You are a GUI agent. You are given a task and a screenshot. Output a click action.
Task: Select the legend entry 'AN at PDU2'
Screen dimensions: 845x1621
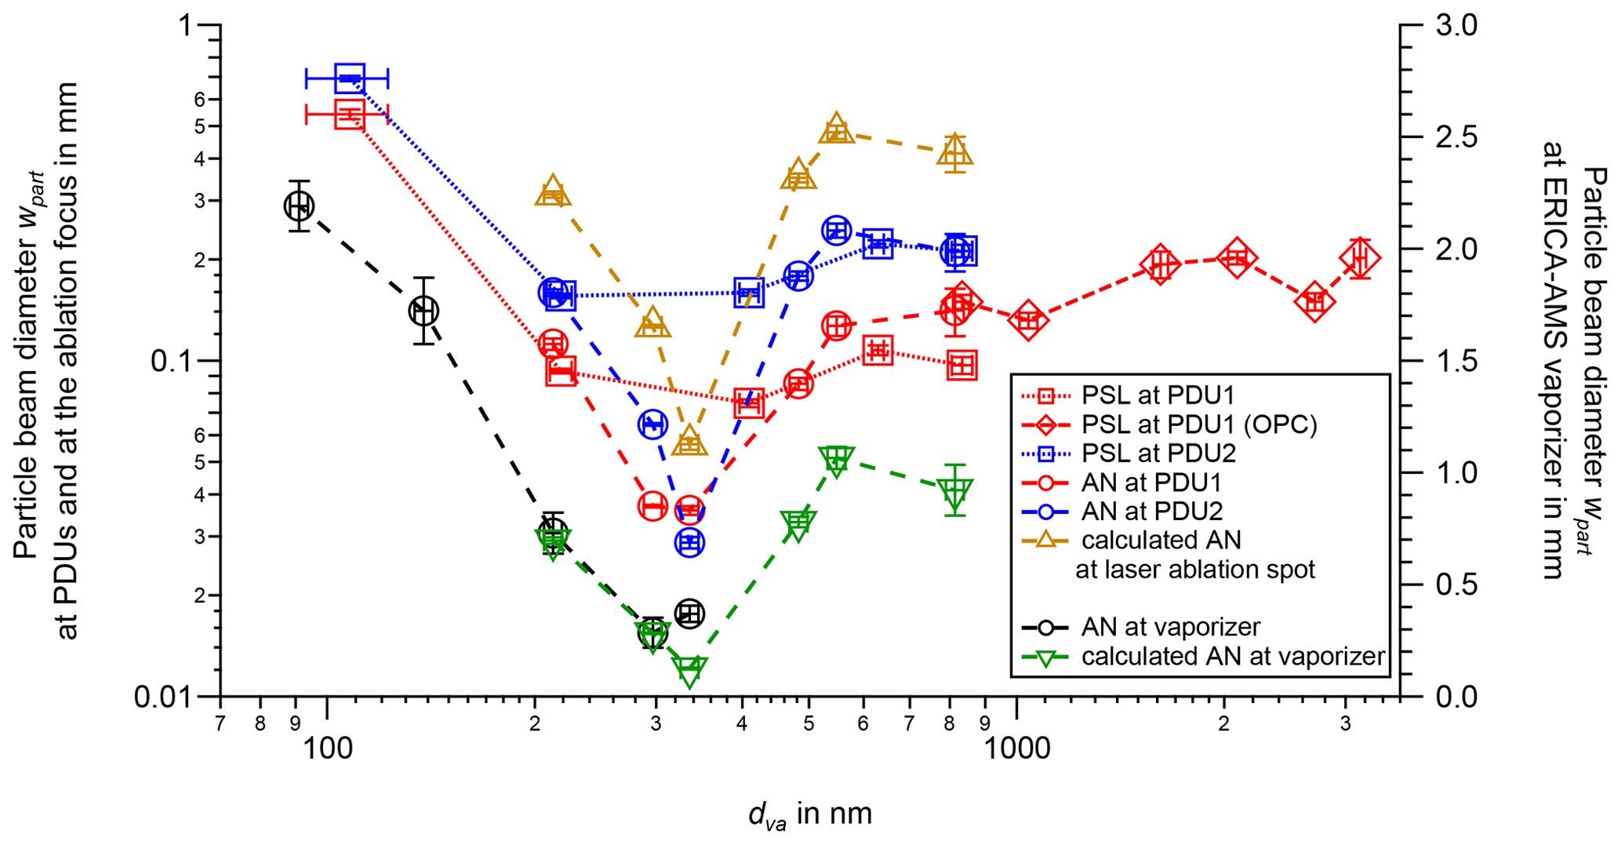1151,512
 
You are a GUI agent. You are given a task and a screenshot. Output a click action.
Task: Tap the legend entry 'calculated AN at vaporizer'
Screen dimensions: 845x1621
1233,657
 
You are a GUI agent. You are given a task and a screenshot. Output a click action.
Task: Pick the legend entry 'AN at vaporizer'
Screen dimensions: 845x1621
1170,627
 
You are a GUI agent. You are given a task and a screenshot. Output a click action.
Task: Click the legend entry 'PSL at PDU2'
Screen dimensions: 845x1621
1158,453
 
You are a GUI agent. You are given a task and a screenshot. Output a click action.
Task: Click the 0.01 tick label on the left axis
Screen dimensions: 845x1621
163,697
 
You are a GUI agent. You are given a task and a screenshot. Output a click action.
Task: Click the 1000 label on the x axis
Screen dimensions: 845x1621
1016,748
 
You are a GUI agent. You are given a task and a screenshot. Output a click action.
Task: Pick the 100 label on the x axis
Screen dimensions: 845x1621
326,748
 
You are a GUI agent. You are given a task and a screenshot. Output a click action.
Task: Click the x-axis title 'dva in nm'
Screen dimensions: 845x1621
810,814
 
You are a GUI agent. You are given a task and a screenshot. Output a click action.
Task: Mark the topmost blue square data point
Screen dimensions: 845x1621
349,78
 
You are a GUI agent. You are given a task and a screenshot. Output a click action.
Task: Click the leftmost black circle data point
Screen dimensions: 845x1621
299,206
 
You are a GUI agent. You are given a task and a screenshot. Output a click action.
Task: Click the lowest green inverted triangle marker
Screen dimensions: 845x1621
689,672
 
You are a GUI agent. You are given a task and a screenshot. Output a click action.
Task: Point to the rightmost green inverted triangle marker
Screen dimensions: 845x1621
954,494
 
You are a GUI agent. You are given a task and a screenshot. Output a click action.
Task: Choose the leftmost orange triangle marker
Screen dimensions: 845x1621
553,191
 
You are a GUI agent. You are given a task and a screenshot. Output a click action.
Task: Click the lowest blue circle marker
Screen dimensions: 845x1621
689,542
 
